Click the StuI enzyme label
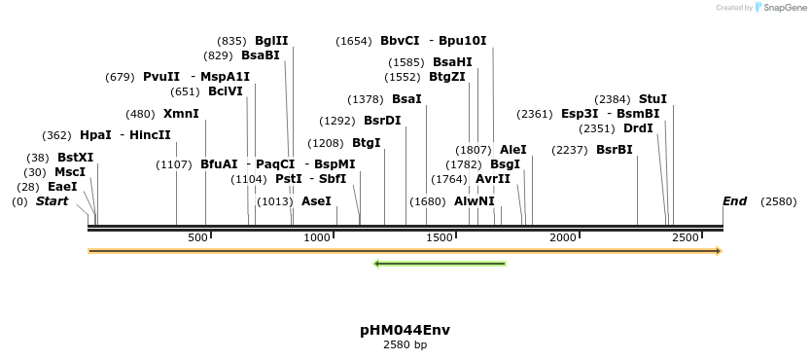click(x=652, y=99)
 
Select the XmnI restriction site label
click(x=181, y=114)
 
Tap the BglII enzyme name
click(x=271, y=41)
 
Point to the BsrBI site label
click(x=614, y=150)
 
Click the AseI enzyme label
click(x=316, y=201)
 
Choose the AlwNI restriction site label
click(x=474, y=201)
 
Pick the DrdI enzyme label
click(x=638, y=128)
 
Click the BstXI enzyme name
click(x=75, y=158)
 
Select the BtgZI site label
click(x=447, y=77)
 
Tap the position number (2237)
click(x=569, y=150)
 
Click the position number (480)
click(x=140, y=114)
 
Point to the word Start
click(x=52, y=201)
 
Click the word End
click(x=734, y=201)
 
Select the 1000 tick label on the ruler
click(x=317, y=238)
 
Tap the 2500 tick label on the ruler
click(x=686, y=238)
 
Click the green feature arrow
click(x=440, y=263)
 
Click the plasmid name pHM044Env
click(x=405, y=330)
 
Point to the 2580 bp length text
click(x=405, y=344)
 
